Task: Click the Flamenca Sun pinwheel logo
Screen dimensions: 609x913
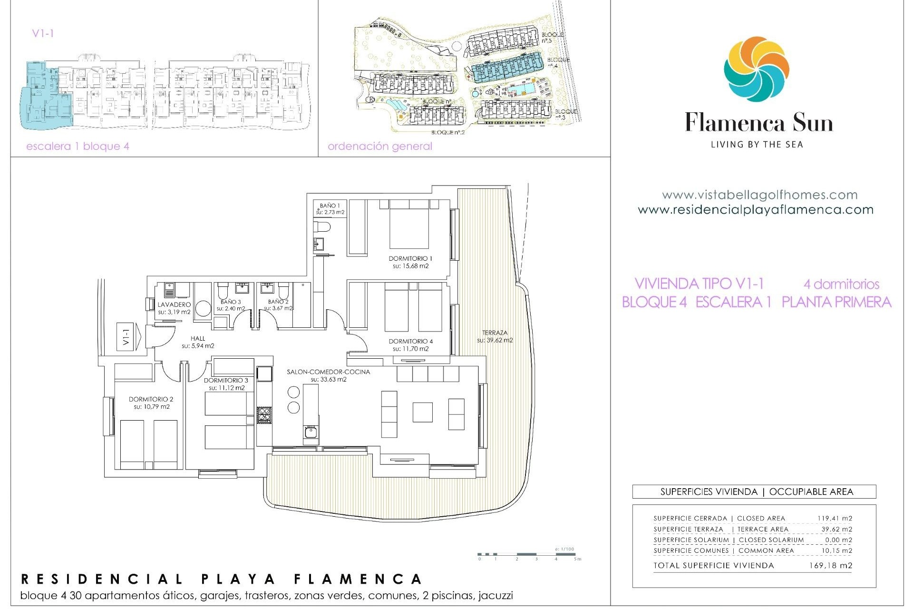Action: (757, 69)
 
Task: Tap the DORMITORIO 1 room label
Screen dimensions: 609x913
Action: (410, 262)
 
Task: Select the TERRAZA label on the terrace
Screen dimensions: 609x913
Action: (495, 336)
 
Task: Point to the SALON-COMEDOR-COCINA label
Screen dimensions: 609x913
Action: (328, 375)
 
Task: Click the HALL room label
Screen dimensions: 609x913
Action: (198, 342)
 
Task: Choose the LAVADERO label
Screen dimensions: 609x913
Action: (174, 308)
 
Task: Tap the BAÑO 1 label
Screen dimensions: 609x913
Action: (330, 209)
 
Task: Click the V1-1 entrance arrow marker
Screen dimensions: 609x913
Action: (128, 337)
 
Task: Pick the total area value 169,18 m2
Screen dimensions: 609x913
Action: (830, 566)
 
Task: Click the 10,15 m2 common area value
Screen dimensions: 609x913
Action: (836, 550)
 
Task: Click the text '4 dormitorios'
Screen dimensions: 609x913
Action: (841, 285)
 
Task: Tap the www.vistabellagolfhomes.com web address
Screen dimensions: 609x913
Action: (759, 195)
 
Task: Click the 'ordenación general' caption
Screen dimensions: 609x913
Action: (380, 147)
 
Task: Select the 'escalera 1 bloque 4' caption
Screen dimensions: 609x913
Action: (78, 147)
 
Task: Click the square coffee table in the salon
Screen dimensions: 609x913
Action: (422, 412)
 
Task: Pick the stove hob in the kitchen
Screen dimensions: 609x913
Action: (264, 415)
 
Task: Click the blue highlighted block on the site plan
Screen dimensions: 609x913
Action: (508, 69)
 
